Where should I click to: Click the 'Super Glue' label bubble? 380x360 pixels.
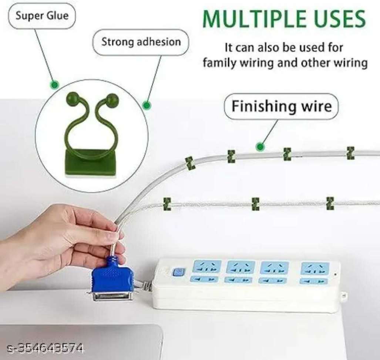click(x=42, y=16)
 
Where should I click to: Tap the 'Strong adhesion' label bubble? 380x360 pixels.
click(x=141, y=42)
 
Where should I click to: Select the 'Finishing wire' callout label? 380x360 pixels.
click(x=281, y=106)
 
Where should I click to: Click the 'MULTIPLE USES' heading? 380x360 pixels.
click(x=284, y=19)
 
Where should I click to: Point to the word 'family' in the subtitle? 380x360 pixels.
click(x=219, y=63)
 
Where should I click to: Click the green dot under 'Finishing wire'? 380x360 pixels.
click(x=260, y=147)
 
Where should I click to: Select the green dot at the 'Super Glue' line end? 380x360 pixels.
click(x=54, y=85)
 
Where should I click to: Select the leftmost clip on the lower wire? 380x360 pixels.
click(x=167, y=203)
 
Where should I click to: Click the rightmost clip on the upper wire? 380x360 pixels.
click(x=350, y=153)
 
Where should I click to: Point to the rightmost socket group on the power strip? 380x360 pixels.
click(x=315, y=273)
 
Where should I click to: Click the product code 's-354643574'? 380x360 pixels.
click(x=45, y=349)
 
